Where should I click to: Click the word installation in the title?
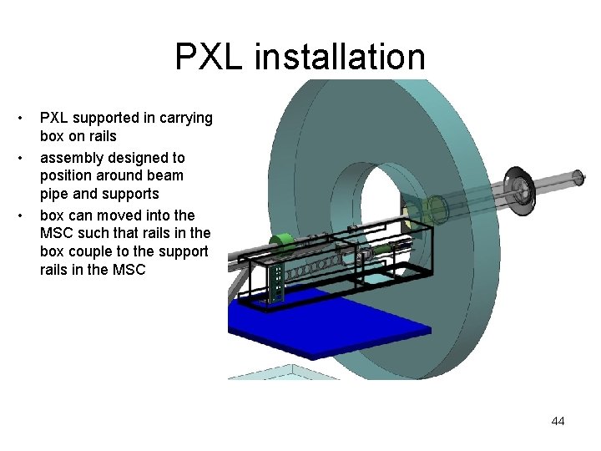pyautogui.click(x=340, y=58)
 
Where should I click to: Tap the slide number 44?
pyautogui.click(x=558, y=421)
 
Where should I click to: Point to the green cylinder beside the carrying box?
pyautogui.click(x=285, y=244)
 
